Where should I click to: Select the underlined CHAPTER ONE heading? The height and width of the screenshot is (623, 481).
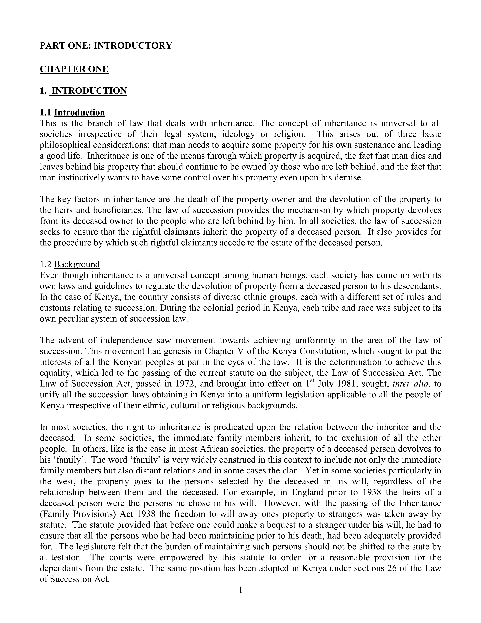point(74,69)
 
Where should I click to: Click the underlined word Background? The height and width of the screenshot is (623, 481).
point(77,264)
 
